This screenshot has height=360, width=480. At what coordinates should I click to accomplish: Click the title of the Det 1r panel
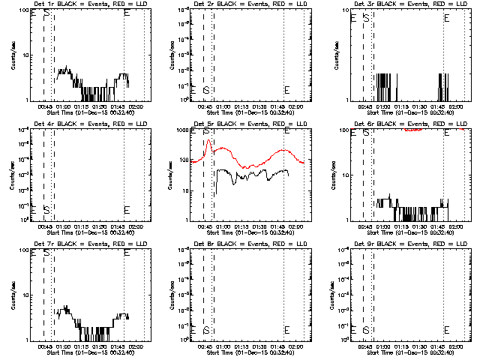point(79,4)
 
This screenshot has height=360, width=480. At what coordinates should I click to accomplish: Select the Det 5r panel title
point(240,124)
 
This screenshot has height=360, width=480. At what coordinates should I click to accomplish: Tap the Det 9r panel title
point(400,244)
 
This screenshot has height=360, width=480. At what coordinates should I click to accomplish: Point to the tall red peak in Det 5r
point(209,140)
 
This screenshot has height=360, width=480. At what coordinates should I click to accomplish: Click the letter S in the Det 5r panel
point(205,131)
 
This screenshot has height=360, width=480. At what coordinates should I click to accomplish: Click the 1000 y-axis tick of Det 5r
point(181,130)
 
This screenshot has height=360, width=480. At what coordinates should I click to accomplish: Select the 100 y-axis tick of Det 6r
point(344,130)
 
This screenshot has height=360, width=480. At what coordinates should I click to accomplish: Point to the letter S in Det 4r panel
point(46,209)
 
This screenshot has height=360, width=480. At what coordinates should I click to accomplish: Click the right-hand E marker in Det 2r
point(286,90)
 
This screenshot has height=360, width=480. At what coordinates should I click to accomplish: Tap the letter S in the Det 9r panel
point(366,329)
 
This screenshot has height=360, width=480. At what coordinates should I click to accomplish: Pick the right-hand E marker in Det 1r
point(126,13)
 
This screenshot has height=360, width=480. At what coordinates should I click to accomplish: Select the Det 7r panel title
point(79,244)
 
